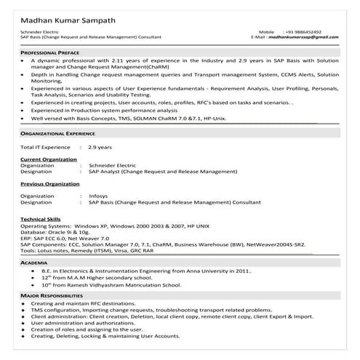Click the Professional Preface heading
click(49, 53)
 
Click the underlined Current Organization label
click(49, 159)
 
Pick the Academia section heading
click(34, 261)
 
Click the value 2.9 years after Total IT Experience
click(100, 148)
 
